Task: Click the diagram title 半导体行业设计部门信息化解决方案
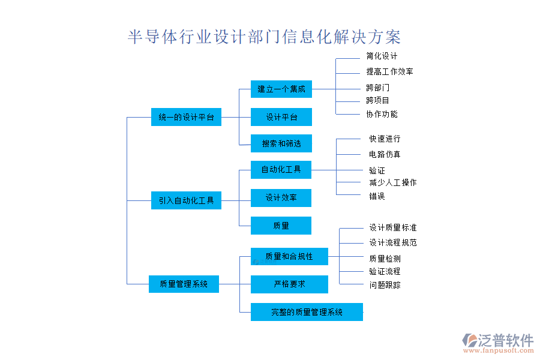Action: click(265, 37)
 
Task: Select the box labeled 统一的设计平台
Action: click(186, 118)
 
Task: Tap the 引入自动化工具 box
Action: click(186, 200)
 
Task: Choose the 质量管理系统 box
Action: click(184, 284)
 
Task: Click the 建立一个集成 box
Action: click(281, 89)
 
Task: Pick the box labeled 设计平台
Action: click(281, 117)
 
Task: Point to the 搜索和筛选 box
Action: click(281, 143)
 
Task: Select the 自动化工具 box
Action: click(281, 170)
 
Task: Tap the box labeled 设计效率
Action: click(281, 197)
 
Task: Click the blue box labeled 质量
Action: click(281, 226)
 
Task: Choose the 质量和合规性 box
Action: click(289, 257)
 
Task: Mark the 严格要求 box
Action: click(289, 284)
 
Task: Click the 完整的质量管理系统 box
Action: click(307, 312)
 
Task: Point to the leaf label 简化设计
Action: click(382, 56)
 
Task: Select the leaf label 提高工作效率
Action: click(389, 71)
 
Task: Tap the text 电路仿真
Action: click(385, 154)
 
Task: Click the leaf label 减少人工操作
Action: click(392, 182)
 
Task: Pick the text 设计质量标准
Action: click(392, 228)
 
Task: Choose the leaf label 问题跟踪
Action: click(385, 285)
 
